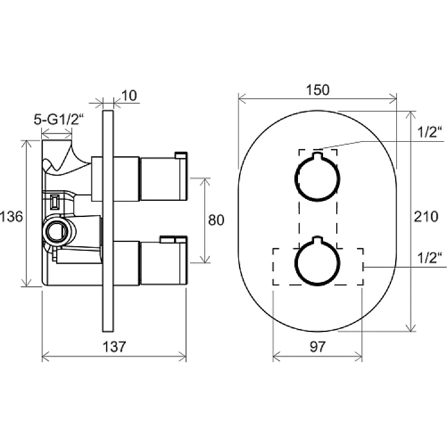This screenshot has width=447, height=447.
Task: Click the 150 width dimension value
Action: point(318,90)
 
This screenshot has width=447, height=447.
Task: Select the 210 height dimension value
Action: point(426,217)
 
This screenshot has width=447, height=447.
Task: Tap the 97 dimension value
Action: point(317,347)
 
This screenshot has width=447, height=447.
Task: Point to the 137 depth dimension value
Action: point(114,347)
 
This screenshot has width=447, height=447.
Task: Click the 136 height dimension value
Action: point(11,217)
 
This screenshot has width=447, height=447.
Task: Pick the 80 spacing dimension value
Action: point(216,220)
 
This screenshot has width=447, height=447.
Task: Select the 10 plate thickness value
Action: point(129,96)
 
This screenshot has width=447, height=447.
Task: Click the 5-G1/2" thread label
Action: point(59,119)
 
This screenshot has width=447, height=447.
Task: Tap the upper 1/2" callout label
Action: point(430,132)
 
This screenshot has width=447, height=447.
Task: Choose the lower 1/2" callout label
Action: point(430,257)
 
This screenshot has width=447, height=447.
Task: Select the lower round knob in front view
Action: point(295,263)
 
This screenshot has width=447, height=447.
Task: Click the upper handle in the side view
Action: point(163,179)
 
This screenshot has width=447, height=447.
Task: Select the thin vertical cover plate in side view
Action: point(108,221)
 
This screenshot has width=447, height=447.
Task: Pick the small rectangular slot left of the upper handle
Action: point(55,202)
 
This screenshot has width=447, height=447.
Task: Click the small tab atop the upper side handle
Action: point(181,155)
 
